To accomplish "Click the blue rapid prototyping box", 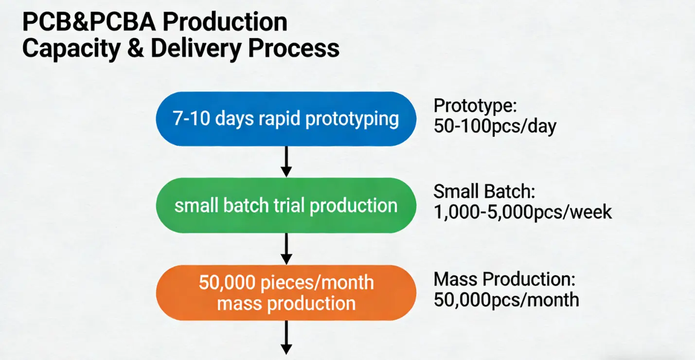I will [286, 119].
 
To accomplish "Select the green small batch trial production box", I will [286, 205].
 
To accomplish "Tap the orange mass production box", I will [286, 293].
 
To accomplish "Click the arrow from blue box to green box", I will [286, 162].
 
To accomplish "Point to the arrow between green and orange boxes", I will [286, 249].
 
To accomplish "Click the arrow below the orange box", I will [286, 338].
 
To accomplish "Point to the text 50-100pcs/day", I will [495, 126].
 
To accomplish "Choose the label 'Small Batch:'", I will [484, 192].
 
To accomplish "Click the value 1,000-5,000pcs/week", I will [523, 213].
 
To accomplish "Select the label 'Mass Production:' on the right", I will [504, 279].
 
